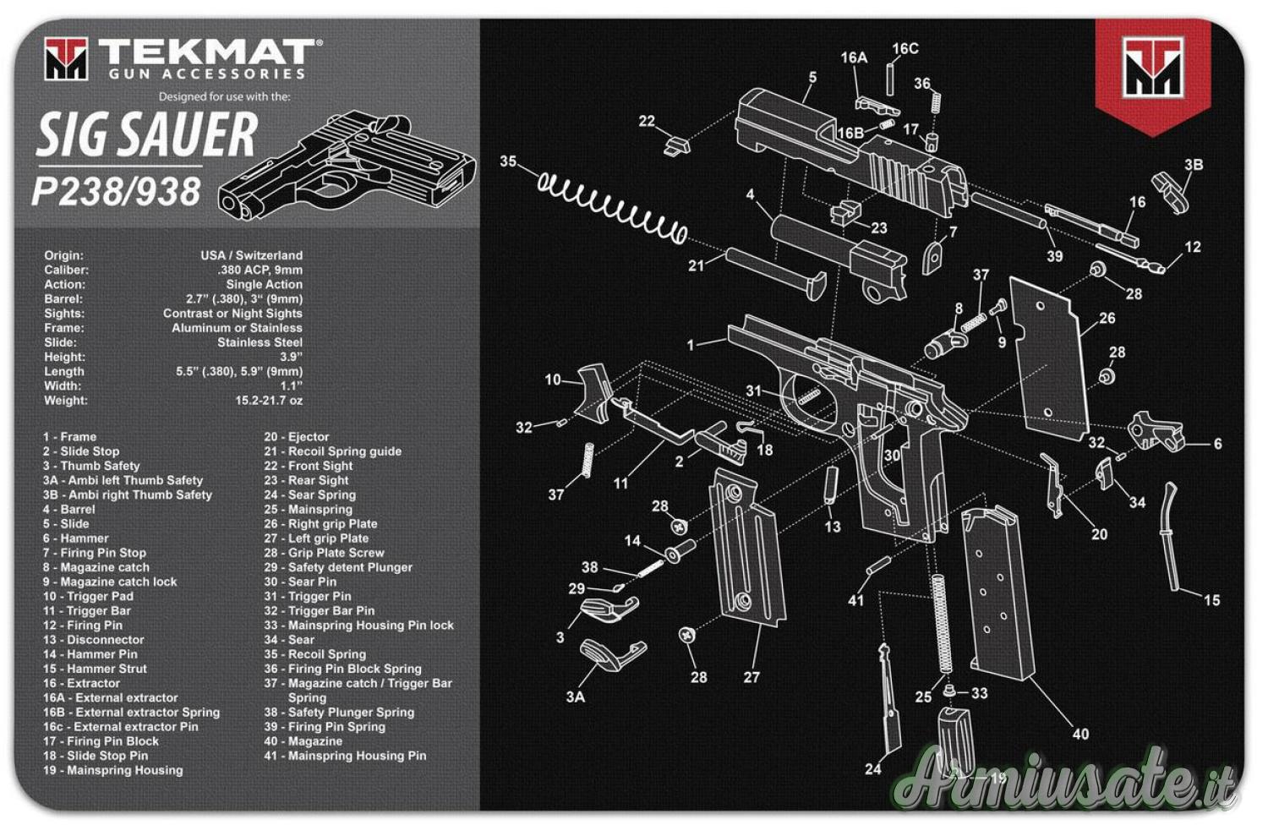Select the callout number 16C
[905, 49]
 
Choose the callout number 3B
[1194, 165]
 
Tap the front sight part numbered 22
[676, 145]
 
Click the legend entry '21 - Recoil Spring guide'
[333, 451]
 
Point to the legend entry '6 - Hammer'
[76, 538]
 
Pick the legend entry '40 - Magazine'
[303, 741]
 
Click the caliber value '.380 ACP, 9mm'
[260, 270]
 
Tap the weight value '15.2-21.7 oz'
[269, 401]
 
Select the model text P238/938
[117, 191]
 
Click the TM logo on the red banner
[1152, 67]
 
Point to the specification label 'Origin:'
[64, 256]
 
